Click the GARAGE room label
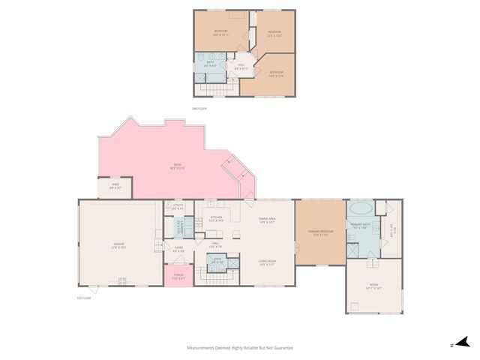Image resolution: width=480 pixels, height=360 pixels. click(x=119, y=244)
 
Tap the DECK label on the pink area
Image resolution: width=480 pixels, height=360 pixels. click(x=178, y=166)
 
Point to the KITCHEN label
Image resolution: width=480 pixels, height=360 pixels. click(x=217, y=218)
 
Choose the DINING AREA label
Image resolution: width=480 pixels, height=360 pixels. click(x=268, y=220)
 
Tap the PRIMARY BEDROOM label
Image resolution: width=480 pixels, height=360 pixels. click(x=320, y=232)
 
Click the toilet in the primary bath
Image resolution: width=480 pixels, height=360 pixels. click(x=352, y=238)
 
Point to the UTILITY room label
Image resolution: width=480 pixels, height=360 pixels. click(x=178, y=205)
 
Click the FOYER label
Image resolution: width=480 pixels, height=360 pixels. click(x=178, y=248)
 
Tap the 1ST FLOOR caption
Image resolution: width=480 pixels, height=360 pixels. click(x=83, y=298)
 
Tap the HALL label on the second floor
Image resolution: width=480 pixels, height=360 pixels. click(x=241, y=65)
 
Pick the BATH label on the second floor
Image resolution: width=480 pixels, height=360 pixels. click(x=211, y=63)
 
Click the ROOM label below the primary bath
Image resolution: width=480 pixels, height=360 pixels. click(x=373, y=284)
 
